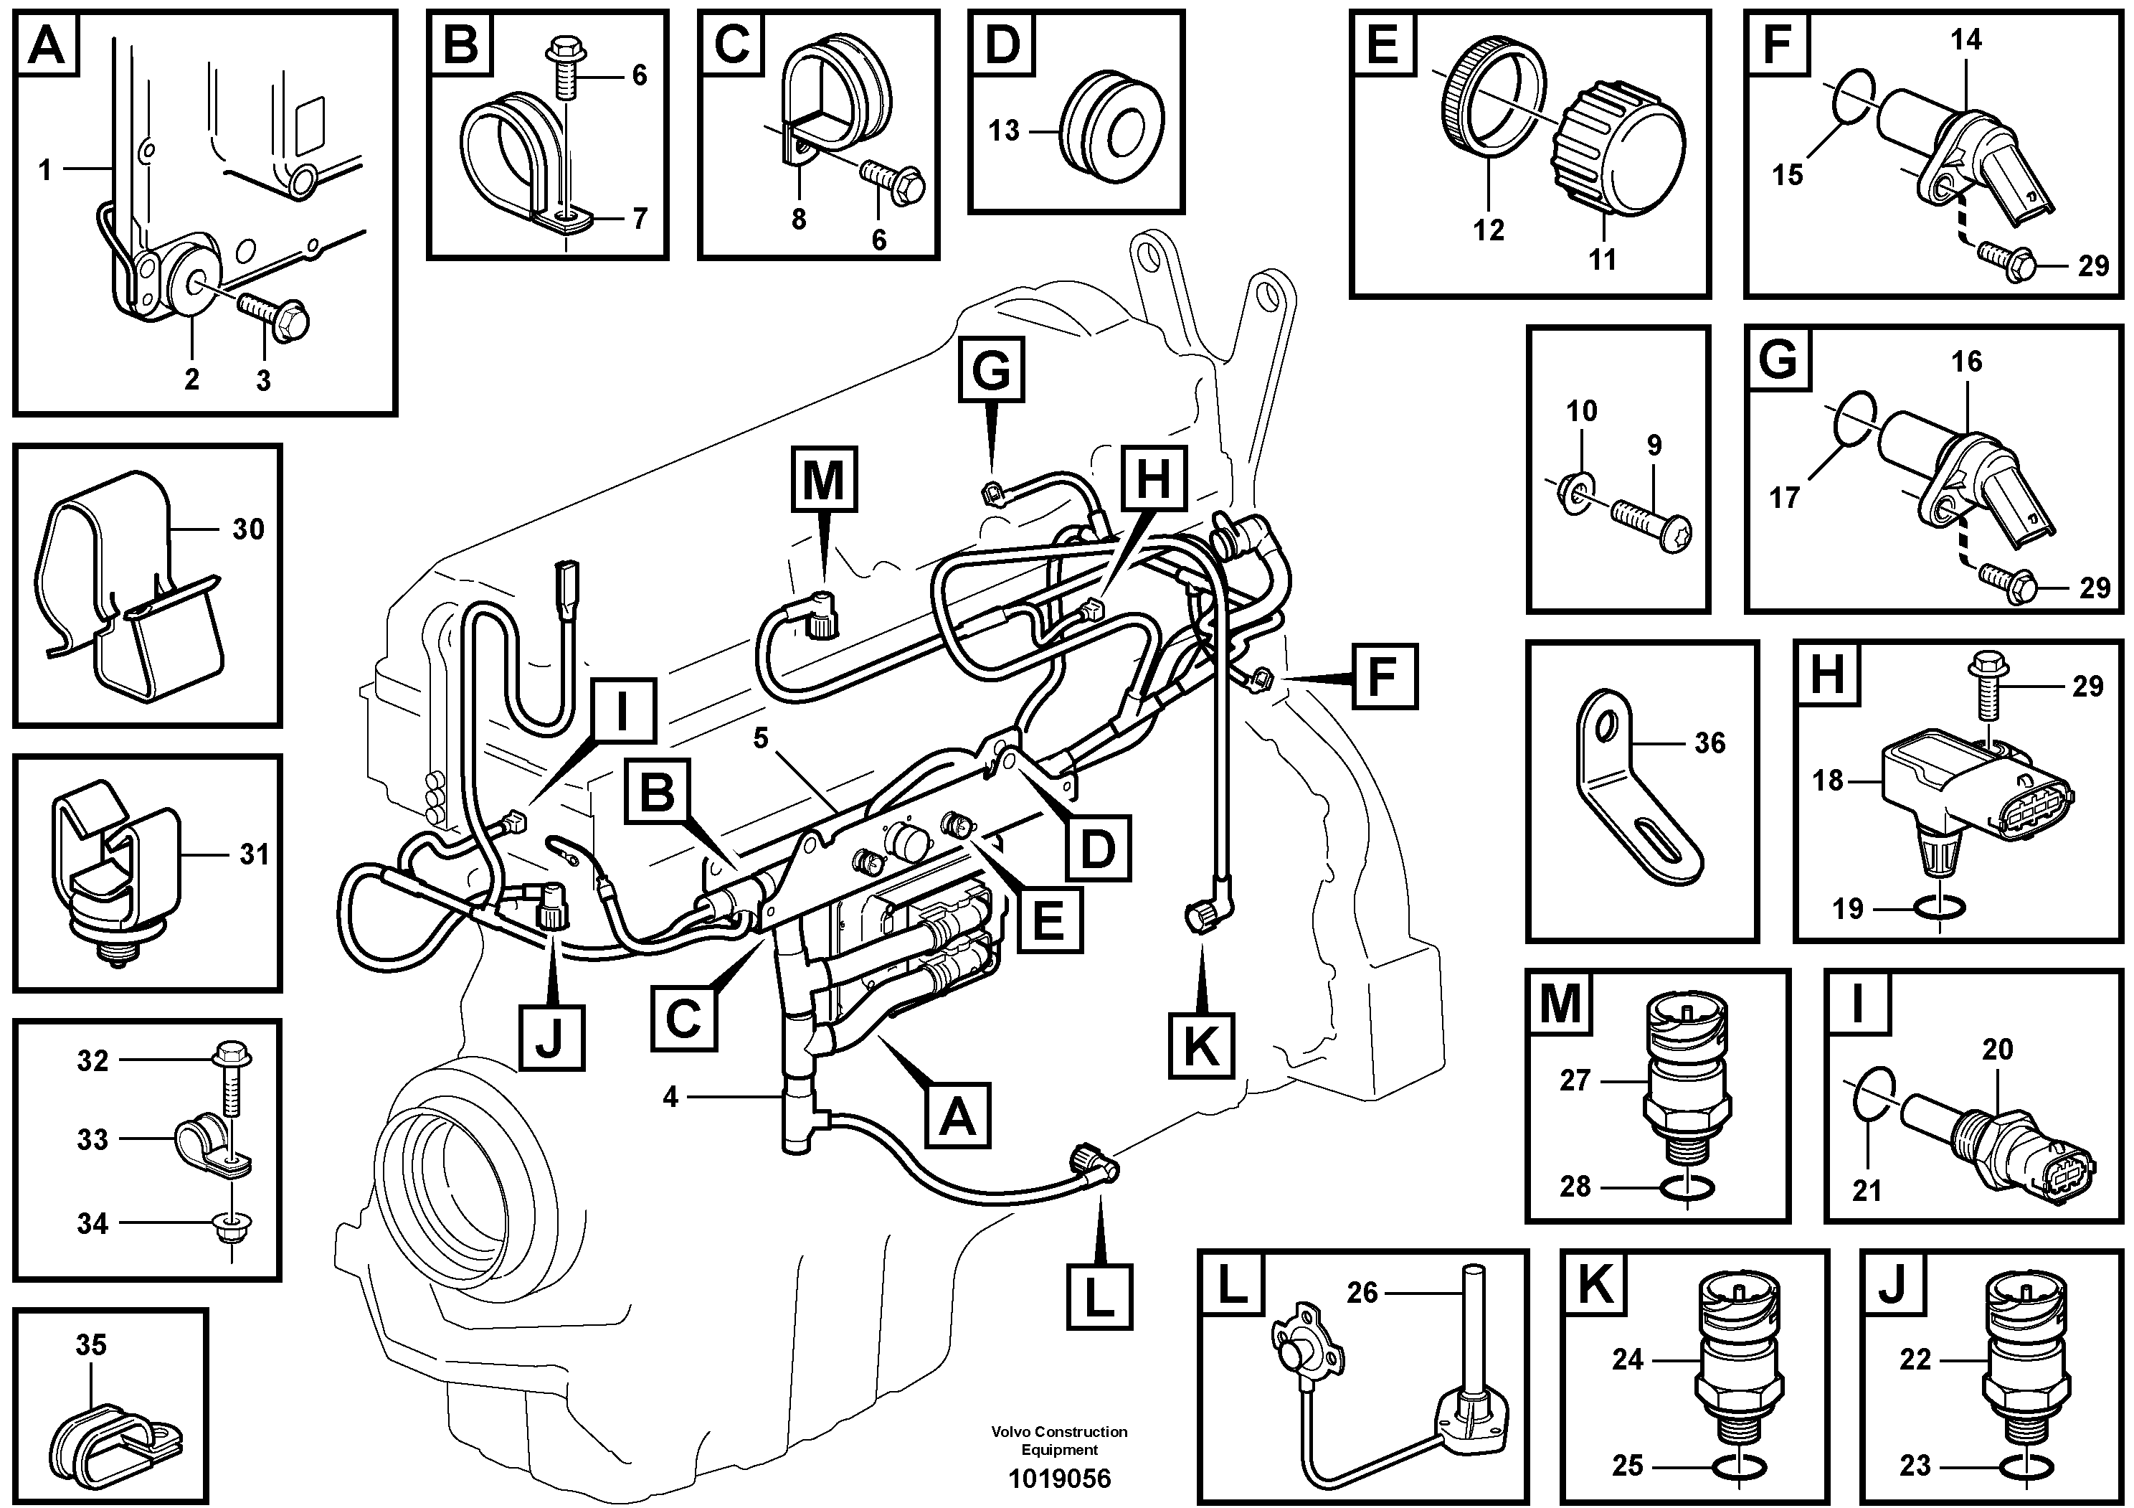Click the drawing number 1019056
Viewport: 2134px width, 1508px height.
1060,1479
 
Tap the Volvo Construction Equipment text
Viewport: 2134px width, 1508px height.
1060,1441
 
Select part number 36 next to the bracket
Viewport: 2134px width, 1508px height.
1709,743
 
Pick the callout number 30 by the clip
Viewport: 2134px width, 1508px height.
248,529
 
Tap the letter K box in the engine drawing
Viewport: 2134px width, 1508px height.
1201,1046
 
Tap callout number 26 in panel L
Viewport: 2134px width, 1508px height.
1362,1292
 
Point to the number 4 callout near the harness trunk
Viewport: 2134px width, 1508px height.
670,1097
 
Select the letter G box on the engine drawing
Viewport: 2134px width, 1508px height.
991,370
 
